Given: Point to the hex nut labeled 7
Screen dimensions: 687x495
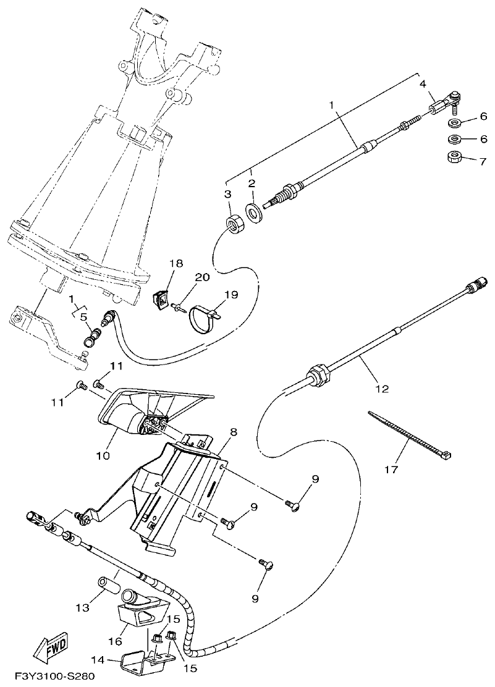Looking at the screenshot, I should [x=454, y=157].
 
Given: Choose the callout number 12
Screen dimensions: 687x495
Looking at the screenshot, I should [x=383, y=389].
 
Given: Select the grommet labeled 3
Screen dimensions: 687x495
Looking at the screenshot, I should [x=235, y=224].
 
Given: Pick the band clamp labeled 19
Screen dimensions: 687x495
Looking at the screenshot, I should [x=204, y=319].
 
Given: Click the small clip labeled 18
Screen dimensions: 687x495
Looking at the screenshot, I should [x=162, y=298].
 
